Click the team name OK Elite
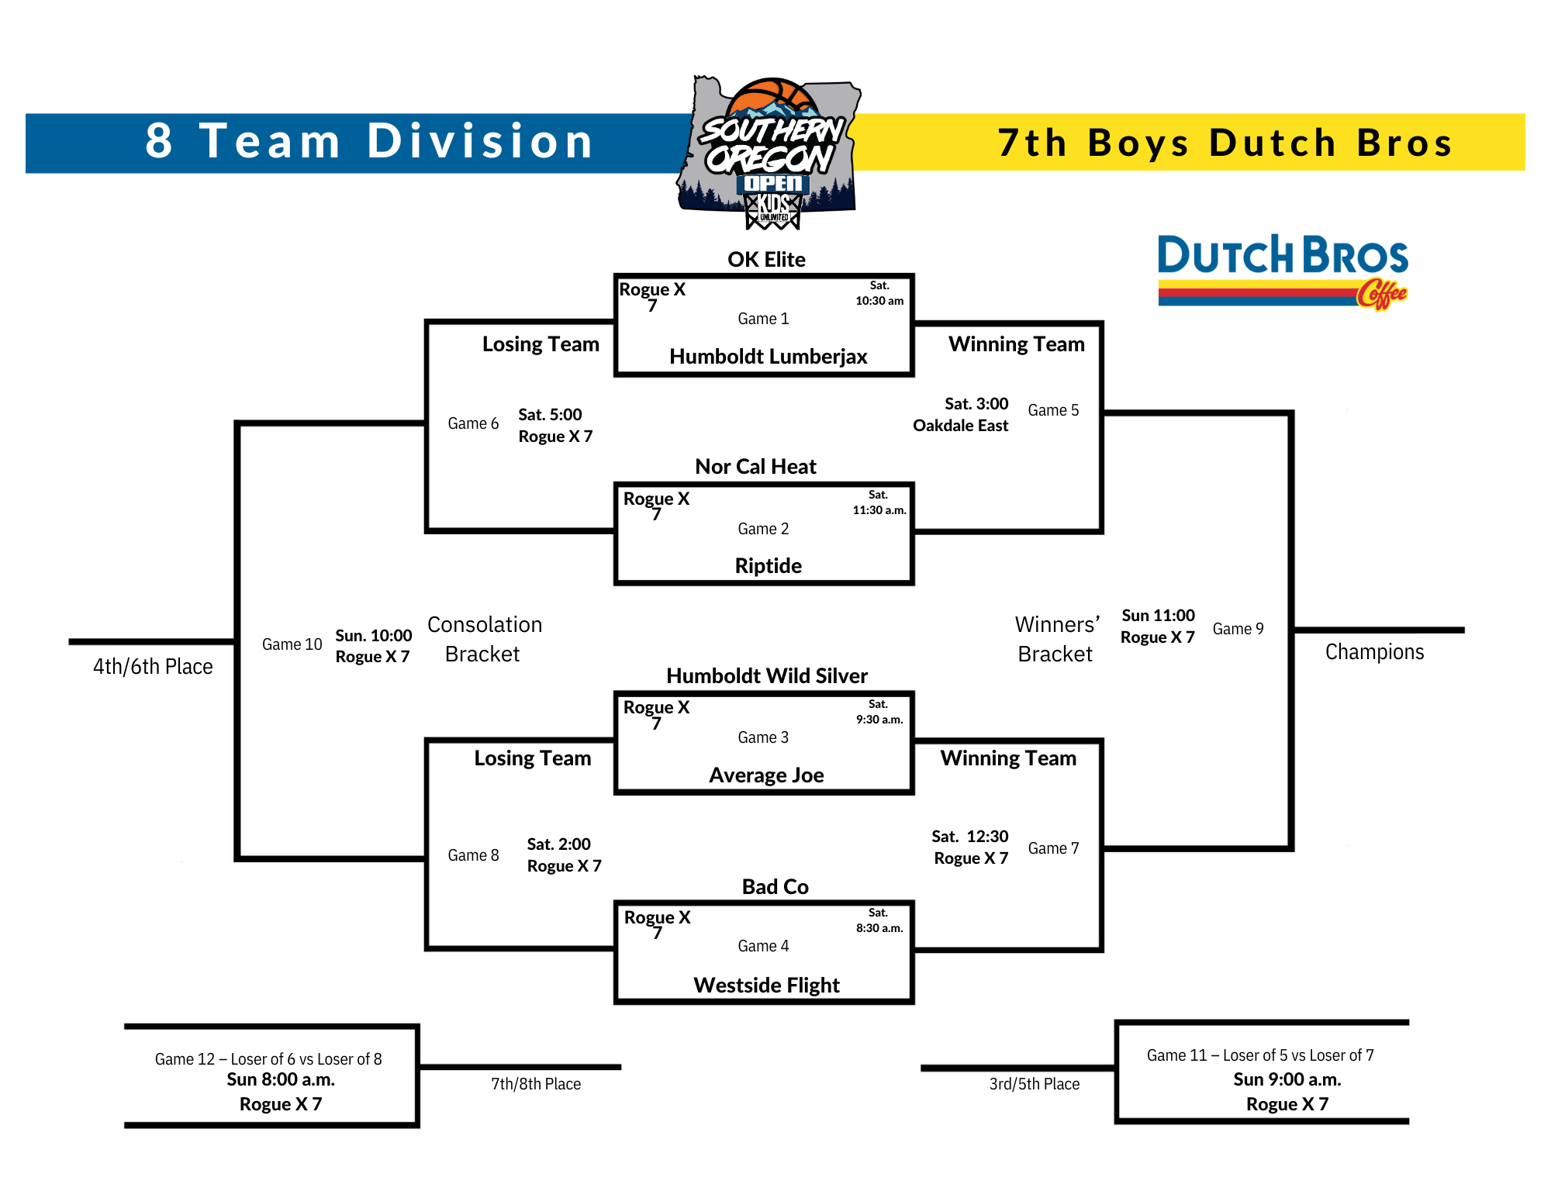tap(766, 259)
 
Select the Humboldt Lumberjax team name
tap(768, 357)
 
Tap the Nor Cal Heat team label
tap(755, 466)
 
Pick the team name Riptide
tap(768, 566)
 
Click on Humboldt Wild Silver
tap(766, 675)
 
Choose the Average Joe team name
tap(766, 775)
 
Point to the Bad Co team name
tap(775, 886)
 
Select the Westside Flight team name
tap(766, 986)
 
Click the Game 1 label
tap(763, 319)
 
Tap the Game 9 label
tap(1238, 629)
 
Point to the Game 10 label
tap(292, 644)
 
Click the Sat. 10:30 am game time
tap(879, 293)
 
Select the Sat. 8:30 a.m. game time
tap(879, 920)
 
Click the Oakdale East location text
tap(960, 426)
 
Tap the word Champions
tap(1374, 652)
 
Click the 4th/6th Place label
tap(153, 667)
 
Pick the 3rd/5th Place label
tap(1034, 1084)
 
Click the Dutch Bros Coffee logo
tap(1283, 272)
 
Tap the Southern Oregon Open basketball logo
tap(770, 153)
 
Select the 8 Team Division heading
tap(369, 142)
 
